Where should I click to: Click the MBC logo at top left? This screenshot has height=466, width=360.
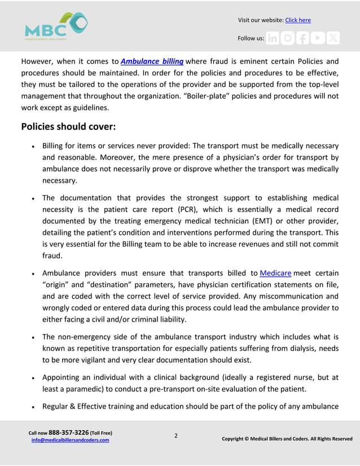pyautogui.click(x=56, y=27)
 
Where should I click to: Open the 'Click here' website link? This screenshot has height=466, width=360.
pyautogui.click(x=298, y=20)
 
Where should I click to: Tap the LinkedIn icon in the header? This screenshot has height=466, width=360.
pyautogui.click(x=273, y=38)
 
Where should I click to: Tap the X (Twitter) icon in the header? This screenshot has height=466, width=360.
pyautogui.click(x=333, y=38)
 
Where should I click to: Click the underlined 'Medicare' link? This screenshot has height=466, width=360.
pyautogui.click(x=275, y=274)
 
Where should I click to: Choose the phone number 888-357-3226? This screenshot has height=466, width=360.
pyautogui.click(x=68, y=433)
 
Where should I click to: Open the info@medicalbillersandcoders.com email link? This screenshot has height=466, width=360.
pyautogui.click(x=70, y=440)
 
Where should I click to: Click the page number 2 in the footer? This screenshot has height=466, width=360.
pyautogui.click(x=175, y=436)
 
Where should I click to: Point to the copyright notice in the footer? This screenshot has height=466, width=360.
pyautogui.click(x=287, y=438)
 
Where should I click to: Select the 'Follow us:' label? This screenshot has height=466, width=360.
pyautogui.click(x=251, y=38)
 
